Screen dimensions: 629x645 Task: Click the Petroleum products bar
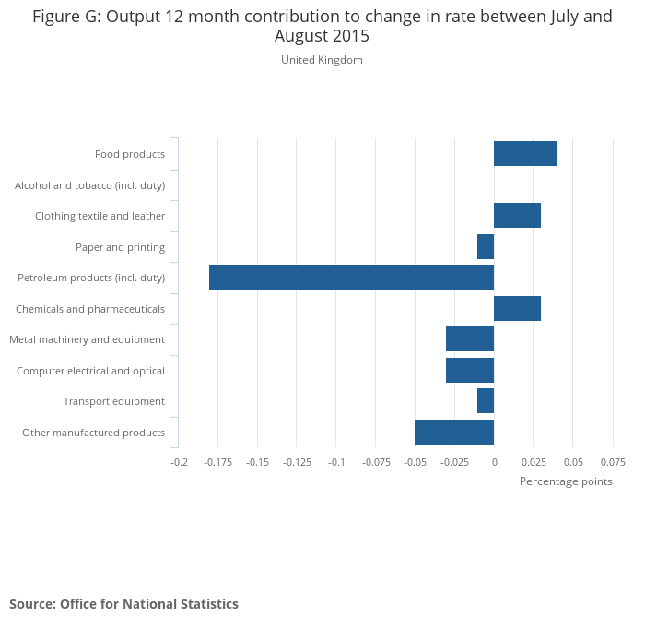351,278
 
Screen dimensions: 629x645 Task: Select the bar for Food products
525,154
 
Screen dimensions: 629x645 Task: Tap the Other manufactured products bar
454,433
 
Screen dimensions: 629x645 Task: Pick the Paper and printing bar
486,247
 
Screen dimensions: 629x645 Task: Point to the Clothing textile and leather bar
517,216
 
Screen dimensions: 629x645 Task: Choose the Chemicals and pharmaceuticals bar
517,309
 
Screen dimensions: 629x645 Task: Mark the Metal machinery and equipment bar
470,339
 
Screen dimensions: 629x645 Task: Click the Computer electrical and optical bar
470,371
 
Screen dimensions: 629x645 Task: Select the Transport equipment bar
486,401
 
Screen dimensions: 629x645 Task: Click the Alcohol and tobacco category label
89,185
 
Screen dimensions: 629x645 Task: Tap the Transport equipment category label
114,401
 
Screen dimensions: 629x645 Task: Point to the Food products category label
130,154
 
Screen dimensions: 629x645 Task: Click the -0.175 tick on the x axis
217,462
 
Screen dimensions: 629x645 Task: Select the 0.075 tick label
613,462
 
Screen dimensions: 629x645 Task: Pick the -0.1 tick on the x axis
335,462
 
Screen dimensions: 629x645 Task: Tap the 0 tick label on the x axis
494,462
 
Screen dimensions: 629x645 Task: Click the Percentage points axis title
566,481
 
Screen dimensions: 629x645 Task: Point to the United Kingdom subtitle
322,60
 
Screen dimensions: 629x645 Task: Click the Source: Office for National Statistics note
123,604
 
